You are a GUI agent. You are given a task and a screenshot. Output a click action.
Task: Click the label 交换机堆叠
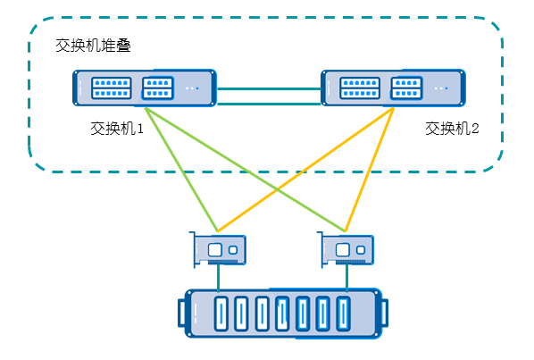click(x=93, y=46)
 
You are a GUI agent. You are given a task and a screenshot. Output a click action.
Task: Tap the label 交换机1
click(x=117, y=129)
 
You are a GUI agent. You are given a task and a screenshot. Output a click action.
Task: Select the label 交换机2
click(x=452, y=129)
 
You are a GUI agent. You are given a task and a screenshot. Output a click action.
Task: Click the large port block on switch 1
click(x=112, y=88)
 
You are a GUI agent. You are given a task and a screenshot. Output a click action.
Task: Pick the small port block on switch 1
click(x=158, y=88)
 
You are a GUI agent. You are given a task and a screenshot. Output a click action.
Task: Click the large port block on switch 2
click(x=360, y=88)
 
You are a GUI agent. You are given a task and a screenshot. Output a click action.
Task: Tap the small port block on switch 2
click(x=406, y=88)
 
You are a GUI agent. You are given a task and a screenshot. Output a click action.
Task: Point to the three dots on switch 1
click(x=192, y=88)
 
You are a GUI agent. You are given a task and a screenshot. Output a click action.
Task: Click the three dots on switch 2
click(x=441, y=88)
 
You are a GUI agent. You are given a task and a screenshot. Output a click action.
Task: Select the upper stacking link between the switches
click(x=269, y=89)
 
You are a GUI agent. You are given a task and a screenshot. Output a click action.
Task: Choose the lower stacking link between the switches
click(x=269, y=104)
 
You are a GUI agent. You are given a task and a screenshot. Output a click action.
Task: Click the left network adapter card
click(x=217, y=249)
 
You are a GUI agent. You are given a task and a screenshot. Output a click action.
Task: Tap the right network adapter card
click(x=345, y=249)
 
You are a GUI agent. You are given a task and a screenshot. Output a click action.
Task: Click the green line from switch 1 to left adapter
click(x=181, y=170)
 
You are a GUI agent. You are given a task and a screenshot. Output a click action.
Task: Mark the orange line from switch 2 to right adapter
click(x=369, y=170)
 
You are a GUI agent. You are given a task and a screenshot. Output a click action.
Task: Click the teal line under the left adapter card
click(x=218, y=278)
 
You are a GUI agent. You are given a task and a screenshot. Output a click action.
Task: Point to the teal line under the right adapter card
click(x=346, y=278)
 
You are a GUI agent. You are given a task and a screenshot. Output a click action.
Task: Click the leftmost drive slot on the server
click(x=221, y=314)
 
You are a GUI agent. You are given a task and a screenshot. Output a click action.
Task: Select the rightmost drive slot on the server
click(x=343, y=314)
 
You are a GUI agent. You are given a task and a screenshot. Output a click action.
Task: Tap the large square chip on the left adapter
click(x=215, y=250)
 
